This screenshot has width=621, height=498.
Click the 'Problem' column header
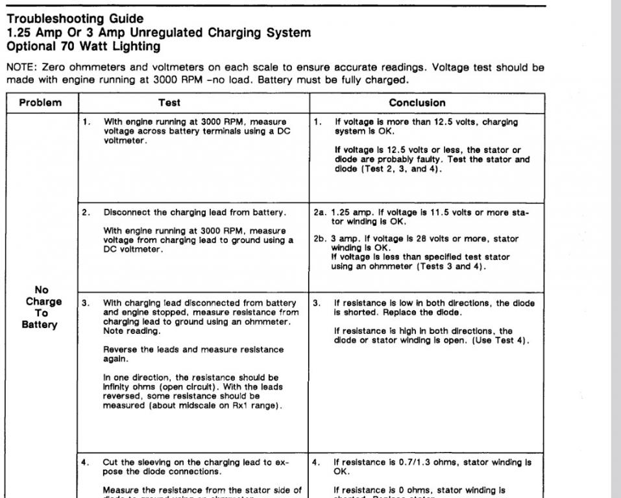click(x=40, y=102)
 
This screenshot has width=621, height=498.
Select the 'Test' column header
click(x=169, y=102)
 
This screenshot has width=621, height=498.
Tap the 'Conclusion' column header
click(x=417, y=102)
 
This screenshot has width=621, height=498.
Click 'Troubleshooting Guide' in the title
click(x=75, y=19)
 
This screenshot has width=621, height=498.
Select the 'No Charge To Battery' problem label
click(x=44, y=307)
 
